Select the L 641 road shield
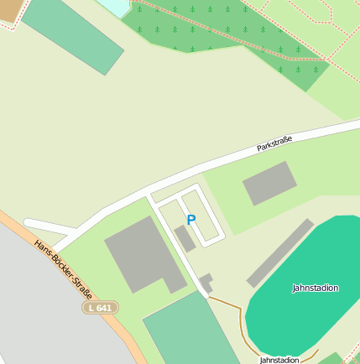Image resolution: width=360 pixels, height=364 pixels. (x=100, y=308)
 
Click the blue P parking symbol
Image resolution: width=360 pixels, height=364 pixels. (x=190, y=220)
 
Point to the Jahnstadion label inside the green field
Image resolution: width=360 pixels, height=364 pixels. (x=316, y=288)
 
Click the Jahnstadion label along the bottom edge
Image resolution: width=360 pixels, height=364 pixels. (x=279, y=359)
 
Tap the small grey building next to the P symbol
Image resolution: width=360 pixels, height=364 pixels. (x=185, y=238)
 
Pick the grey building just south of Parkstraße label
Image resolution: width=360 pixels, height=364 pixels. (x=270, y=183)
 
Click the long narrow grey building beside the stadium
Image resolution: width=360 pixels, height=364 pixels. (x=280, y=252)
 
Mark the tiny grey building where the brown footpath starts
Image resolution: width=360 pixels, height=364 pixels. (x=205, y=283)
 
